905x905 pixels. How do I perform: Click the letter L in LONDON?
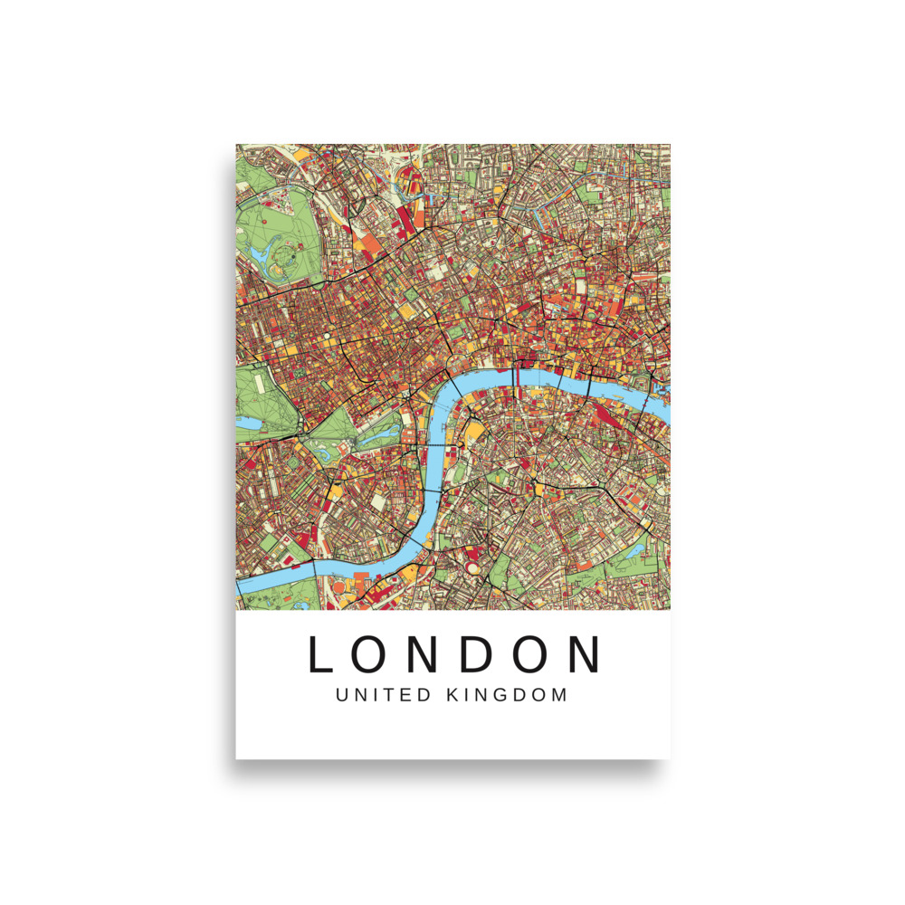[323, 654]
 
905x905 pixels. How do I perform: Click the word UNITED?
[378, 696]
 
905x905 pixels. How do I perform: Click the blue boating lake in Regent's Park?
[261, 254]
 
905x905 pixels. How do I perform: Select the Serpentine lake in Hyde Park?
[248, 422]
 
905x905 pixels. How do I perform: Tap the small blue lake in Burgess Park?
[633, 550]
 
